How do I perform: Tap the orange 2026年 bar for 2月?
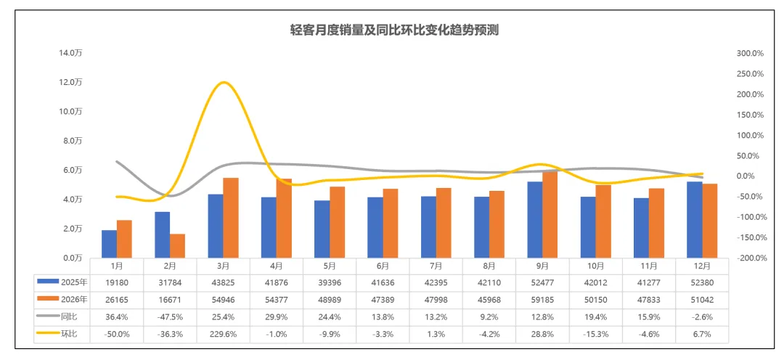pyautogui.click(x=177, y=246)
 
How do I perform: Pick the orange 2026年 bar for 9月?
pyautogui.click(x=550, y=215)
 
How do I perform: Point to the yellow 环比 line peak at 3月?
pyautogui.click(x=224, y=83)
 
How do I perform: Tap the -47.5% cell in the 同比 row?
pyautogui.click(x=170, y=316)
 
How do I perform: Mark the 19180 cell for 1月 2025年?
pyautogui.click(x=116, y=282)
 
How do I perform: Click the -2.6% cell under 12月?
pyautogui.click(x=702, y=316)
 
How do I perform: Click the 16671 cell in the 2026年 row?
pyautogui.click(x=170, y=299)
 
